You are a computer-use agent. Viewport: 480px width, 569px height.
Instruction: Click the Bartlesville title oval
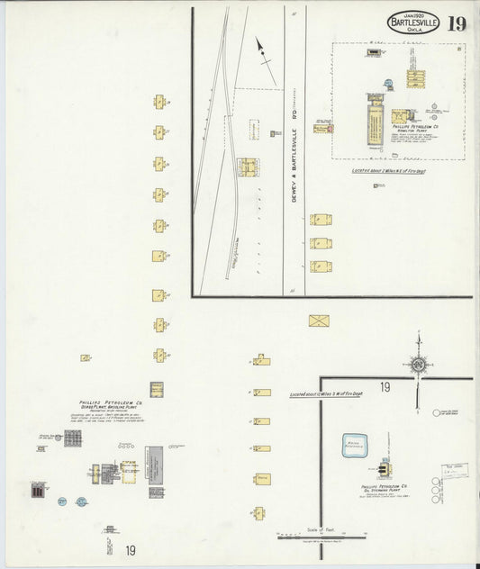(x=413, y=23)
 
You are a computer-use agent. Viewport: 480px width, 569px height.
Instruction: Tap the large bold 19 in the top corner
(x=457, y=23)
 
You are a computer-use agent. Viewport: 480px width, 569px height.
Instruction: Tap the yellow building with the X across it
(x=319, y=320)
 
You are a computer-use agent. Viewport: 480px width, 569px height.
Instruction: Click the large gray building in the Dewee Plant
(x=156, y=465)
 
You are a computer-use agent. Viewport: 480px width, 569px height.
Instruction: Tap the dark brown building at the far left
(x=38, y=491)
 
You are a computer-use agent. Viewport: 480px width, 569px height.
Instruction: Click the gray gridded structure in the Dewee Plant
(x=73, y=438)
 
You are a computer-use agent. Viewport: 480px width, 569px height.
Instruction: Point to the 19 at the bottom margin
(x=131, y=550)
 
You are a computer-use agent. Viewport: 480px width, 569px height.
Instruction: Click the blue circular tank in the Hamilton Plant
(x=388, y=84)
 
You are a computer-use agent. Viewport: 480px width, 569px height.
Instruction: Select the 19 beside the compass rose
(x=385, y=387)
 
